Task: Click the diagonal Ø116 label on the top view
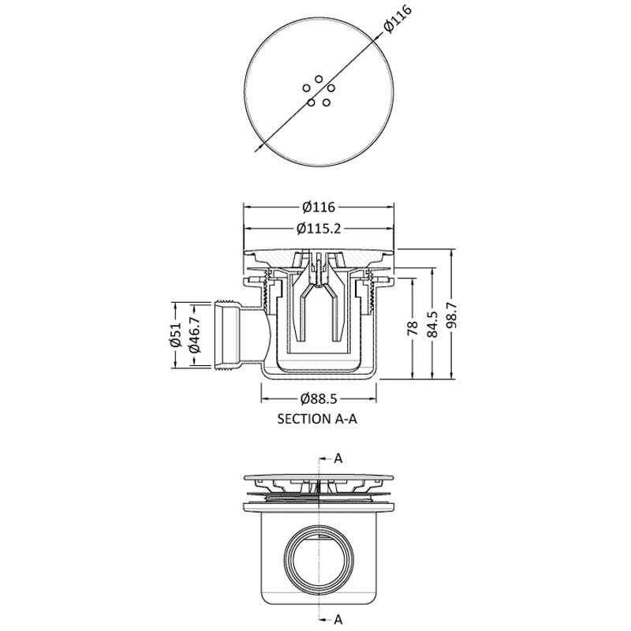(x=398, y=18)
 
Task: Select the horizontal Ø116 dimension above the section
(x=319, y=207)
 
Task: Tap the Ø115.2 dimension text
(x=319, y=229)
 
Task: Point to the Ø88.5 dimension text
(x=319, y=399)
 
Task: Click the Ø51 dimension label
(x=175, y=334)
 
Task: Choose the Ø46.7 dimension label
(x=194, y=334)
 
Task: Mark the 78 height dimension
(x=413, y=328)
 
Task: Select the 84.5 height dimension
(x=432, y=324)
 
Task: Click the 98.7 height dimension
(x=451, y=315)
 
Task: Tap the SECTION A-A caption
(x=317, y=419)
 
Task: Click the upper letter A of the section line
(x=338, y=458)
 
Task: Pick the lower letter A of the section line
(x=338, y=619)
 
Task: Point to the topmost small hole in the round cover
(x=319, y=79)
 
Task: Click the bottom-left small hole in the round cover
(x=311, y=103)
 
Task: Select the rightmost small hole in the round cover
(x=331, y=88)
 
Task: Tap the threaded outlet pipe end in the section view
(x=226, y=334)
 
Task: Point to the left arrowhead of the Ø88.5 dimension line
(x=266, y=399)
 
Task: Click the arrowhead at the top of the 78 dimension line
(x=413, y=282)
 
